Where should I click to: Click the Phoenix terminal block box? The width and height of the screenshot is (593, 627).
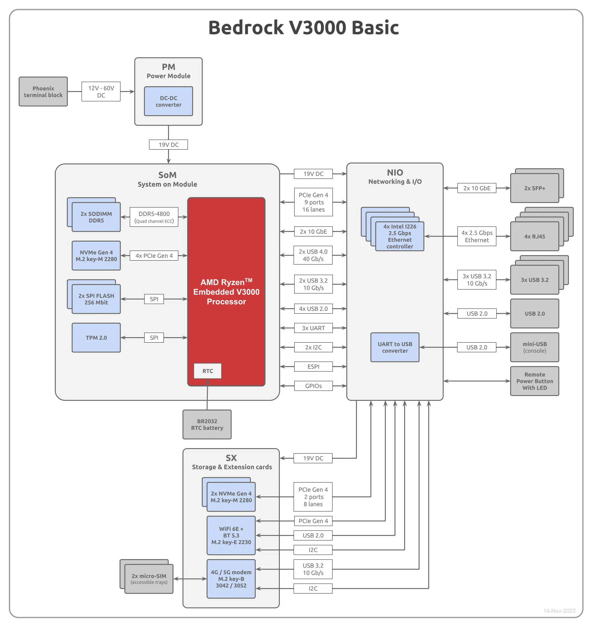43,91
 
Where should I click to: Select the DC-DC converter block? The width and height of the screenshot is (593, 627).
168,101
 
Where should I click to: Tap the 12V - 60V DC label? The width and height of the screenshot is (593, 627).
101,91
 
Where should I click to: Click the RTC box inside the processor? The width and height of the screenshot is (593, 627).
208,371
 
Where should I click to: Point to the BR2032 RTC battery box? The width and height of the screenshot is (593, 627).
207,424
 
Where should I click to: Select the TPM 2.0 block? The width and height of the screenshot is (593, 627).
96,338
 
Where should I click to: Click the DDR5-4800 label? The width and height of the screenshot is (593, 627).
154,217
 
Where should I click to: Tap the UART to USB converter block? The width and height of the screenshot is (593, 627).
395,347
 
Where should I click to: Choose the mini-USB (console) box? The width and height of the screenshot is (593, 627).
535,347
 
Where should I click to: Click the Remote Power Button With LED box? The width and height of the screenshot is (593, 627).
535,381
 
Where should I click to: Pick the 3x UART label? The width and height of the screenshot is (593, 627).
313,328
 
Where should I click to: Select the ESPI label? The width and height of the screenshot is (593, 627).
313,366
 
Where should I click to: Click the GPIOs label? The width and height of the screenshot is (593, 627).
313,386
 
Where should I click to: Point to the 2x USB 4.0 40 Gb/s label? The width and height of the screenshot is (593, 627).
313,255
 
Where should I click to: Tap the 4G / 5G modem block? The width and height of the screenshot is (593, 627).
231,579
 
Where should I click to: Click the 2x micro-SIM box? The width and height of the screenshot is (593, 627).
149,579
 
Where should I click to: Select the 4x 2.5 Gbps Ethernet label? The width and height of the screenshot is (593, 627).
477,236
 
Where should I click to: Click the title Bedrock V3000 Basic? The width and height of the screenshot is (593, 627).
304,27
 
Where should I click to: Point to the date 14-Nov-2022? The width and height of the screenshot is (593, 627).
559,611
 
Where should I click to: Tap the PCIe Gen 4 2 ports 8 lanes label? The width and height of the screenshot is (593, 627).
313,497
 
